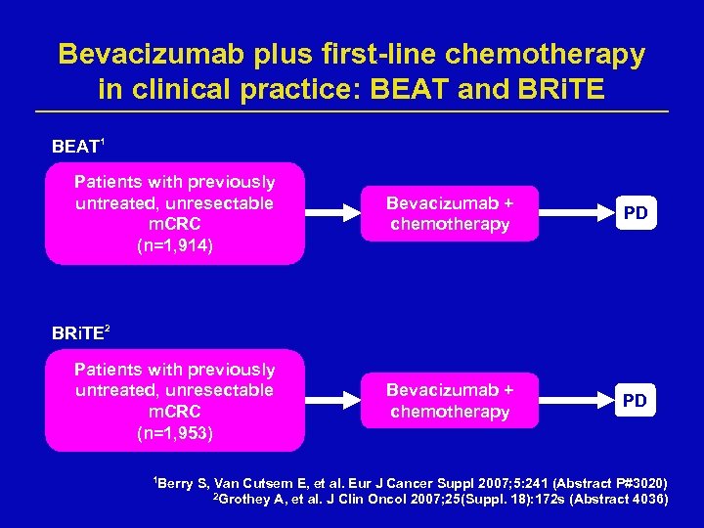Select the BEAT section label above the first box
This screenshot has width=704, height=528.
[x=76, y=147]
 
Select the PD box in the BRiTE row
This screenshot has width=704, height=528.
[x=636, y=401]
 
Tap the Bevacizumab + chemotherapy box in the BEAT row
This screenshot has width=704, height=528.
[x=450, y=213]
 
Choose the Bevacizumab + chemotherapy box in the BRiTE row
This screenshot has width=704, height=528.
[x=450, y=401]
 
